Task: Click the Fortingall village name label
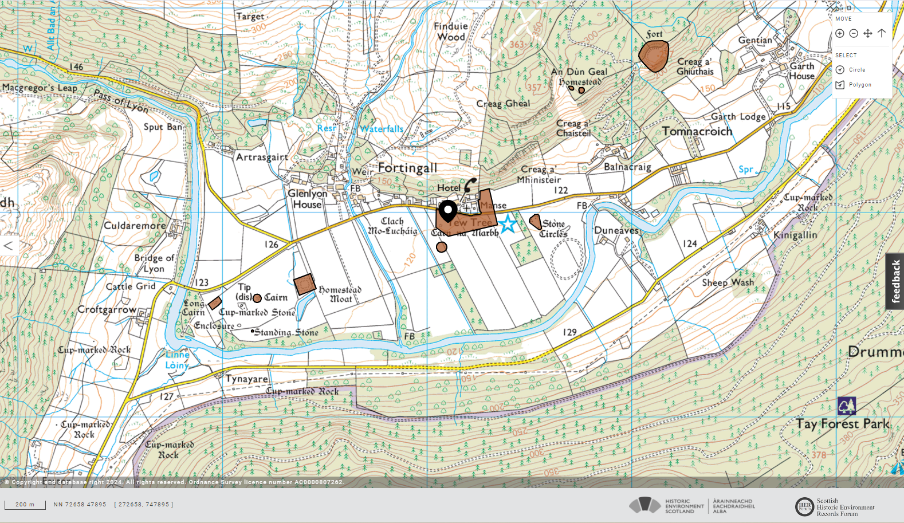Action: coord(407,168)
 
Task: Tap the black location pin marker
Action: coord(447,211)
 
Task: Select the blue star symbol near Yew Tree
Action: coord(507,224)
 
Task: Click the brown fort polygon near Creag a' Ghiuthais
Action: coord(654,56)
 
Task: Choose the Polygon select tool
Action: coord(854,85)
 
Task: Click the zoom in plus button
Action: coord(840,33)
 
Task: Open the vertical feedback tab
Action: coord(895,281)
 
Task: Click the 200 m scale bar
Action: coord(25,505)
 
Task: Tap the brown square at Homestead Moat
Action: coord(305,284)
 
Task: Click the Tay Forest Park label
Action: coord(842,424)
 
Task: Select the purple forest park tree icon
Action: coord(846,406)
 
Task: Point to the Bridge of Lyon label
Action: coord(154,263)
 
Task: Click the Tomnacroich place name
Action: coord(697,131)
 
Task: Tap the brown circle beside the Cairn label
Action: coord(257,298)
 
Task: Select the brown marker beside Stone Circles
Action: coord(535,222)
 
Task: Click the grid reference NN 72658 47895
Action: coord(80,505)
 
